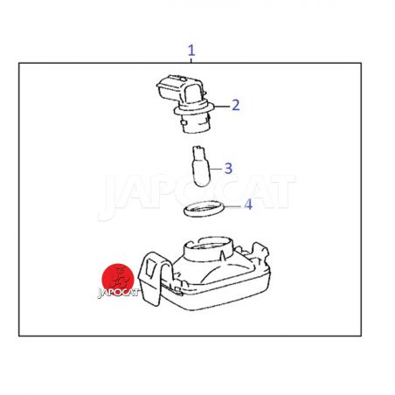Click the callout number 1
(x=191, y=51)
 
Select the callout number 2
(x=236, y=105)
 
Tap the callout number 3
(x=228, y=169)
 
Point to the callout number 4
(x=248, y=204)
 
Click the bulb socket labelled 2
(x=185, y=104)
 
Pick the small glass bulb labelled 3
(x=201, y=166)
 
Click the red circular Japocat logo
(x=118, y=278)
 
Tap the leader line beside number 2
(x=222, y=106)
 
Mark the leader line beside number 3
(x=216, y=169)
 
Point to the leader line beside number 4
(x=233, y=206)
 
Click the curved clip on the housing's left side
(x=154, y=279)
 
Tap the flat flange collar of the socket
(x=194, y=109)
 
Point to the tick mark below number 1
(x=191, y=60)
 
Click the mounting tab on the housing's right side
(x=260, y=253)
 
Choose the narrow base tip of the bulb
(x=199, y=151)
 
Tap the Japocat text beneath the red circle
(x=118, y=293)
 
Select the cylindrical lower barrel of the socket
(x=194, y=123)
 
